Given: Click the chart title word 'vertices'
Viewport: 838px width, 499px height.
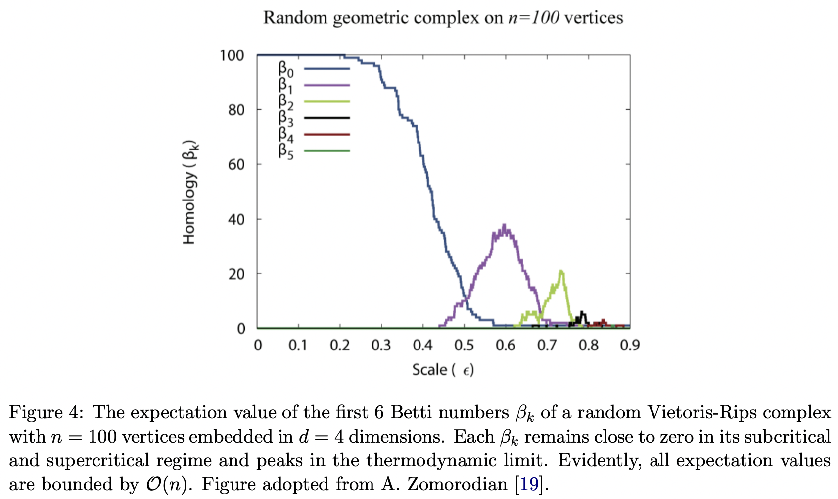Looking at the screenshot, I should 593,18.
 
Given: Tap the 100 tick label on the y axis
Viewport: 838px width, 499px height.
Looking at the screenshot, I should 232,55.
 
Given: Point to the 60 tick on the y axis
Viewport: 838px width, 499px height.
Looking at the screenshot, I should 236,164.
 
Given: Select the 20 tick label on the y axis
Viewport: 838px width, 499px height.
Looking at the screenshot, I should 236,274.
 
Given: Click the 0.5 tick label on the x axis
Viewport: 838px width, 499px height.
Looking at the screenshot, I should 464,345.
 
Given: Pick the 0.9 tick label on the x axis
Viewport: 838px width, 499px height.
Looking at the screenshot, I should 629,345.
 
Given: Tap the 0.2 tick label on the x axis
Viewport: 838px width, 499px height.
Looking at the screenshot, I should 340,345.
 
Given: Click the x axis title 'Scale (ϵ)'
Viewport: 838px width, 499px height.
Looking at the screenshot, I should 443,370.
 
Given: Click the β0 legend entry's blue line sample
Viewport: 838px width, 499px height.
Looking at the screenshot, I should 326,69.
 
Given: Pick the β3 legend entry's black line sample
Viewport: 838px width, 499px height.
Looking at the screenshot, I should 326,118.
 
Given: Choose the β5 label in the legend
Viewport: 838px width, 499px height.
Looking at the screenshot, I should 285,151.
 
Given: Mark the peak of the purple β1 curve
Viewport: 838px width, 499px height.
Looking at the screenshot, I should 505,225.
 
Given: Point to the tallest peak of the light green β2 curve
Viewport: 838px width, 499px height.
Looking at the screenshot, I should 561,271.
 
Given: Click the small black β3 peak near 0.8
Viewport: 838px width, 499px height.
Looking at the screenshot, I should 582,312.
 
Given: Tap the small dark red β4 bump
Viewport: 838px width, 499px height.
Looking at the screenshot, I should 603,321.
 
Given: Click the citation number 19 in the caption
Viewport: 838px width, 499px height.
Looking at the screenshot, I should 529,484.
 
